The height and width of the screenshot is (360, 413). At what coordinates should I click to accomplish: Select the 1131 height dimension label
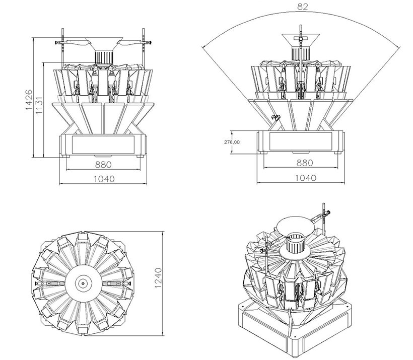39,107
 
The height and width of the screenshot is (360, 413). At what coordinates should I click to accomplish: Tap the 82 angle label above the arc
303,7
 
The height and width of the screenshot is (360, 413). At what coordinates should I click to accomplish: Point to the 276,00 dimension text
232,142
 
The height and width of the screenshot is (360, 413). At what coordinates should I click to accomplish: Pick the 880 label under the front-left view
103,164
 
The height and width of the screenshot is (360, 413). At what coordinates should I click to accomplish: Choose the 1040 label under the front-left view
104,178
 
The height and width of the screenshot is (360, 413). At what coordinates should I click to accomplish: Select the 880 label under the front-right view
304,163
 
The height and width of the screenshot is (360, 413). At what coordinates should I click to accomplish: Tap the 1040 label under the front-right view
305,178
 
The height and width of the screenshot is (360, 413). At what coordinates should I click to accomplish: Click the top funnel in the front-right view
302,38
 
